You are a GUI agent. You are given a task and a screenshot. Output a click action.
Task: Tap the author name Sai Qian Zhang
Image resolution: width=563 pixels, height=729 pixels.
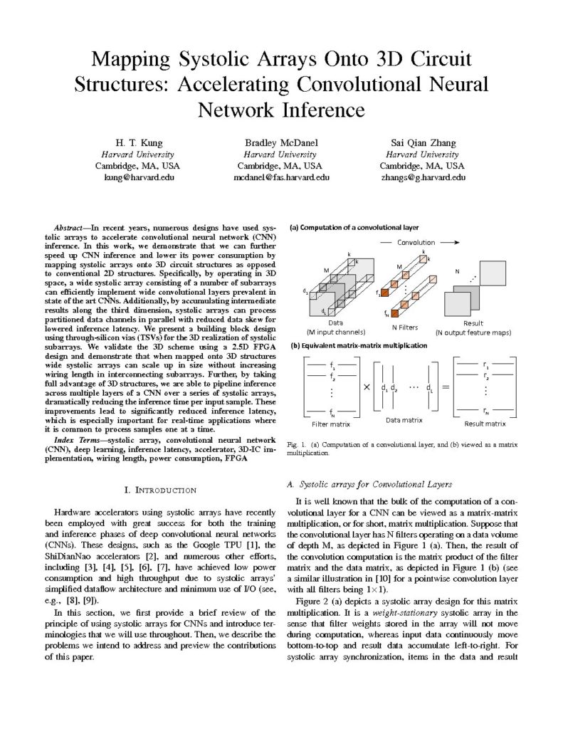pos(425,142)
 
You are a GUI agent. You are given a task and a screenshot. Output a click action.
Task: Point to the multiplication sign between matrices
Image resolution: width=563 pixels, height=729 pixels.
pos(366,388)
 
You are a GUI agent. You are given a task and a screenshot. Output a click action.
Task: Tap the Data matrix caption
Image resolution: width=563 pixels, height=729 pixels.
pos(404,421)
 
